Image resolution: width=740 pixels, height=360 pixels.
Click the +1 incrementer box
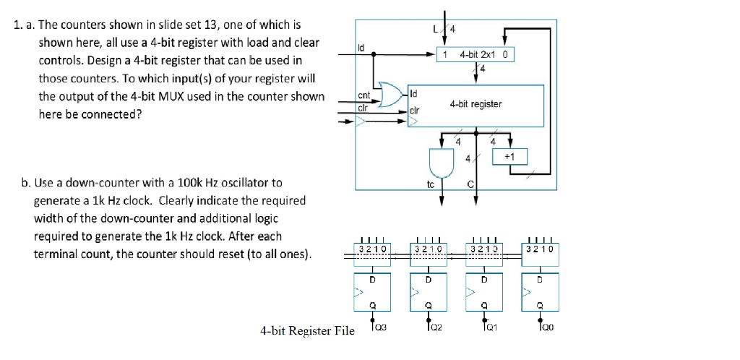(x=510, y=157)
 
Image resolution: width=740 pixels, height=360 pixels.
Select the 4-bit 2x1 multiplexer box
(x=477, y=55)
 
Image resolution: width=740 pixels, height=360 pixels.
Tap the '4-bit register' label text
(x=475, y=104)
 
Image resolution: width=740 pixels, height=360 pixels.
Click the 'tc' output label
(x=431, y=184)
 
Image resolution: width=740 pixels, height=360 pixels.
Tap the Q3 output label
(x=380, y=327)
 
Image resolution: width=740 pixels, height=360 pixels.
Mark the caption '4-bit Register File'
(x=307, y=331)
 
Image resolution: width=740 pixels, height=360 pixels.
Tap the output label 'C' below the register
(x=470, y=184)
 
